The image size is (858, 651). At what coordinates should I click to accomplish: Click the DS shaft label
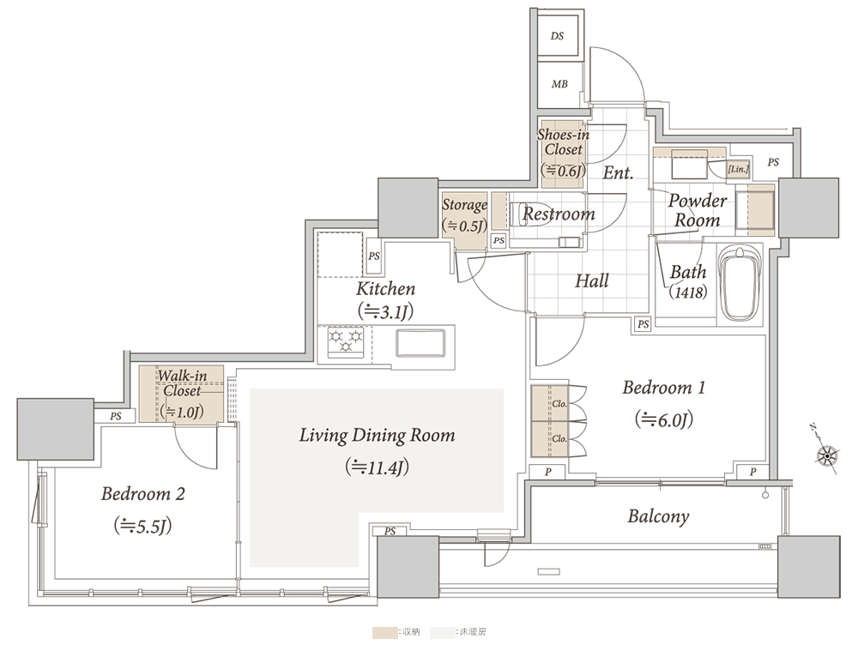tap(557, 36)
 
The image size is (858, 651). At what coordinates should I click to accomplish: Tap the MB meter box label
tap(559, 84)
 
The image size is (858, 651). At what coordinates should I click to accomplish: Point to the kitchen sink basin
tap(420, 342)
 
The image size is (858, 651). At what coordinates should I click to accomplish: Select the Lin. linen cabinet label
tap(738, 170)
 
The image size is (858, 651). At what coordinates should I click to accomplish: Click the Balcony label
tap(658, 516)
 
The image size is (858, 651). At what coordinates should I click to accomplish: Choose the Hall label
tap(591, 281)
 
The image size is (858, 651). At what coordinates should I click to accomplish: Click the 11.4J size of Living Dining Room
tap(377, 467)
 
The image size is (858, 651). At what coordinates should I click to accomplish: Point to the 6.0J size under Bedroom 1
tap(664, 419)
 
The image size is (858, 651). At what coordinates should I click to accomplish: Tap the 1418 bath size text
tap(688, 292)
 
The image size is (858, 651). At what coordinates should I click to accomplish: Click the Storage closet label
tap(464, 205)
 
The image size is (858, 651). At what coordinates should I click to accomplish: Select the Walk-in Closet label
tap(182, 383)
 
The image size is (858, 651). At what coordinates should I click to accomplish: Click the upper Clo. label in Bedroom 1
tap(559, 404)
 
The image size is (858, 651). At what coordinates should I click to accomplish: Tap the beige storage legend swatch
tap(384, 632)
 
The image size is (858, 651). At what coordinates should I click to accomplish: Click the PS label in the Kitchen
tap(374, 256)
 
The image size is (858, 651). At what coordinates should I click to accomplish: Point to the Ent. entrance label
tap(618, 173)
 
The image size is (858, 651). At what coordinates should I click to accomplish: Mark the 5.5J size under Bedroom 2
tap(142, 526)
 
